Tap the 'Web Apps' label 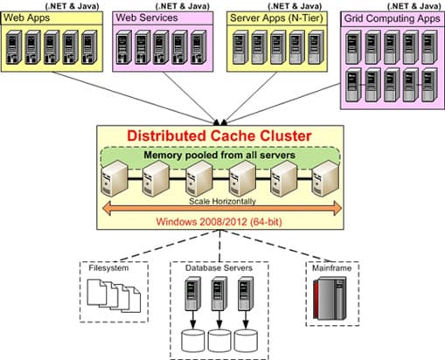pos(27,18)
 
